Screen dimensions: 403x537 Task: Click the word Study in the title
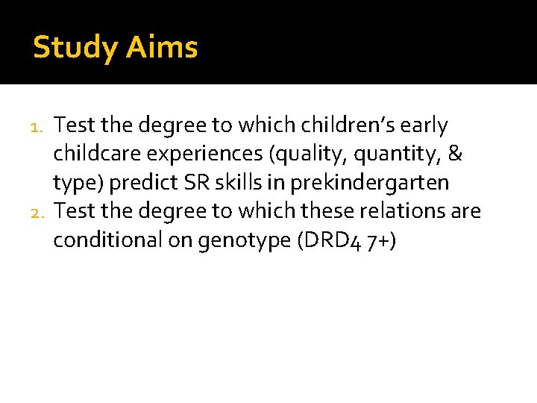75,48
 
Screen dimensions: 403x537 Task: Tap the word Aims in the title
162,48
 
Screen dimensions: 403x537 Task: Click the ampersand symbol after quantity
456,154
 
